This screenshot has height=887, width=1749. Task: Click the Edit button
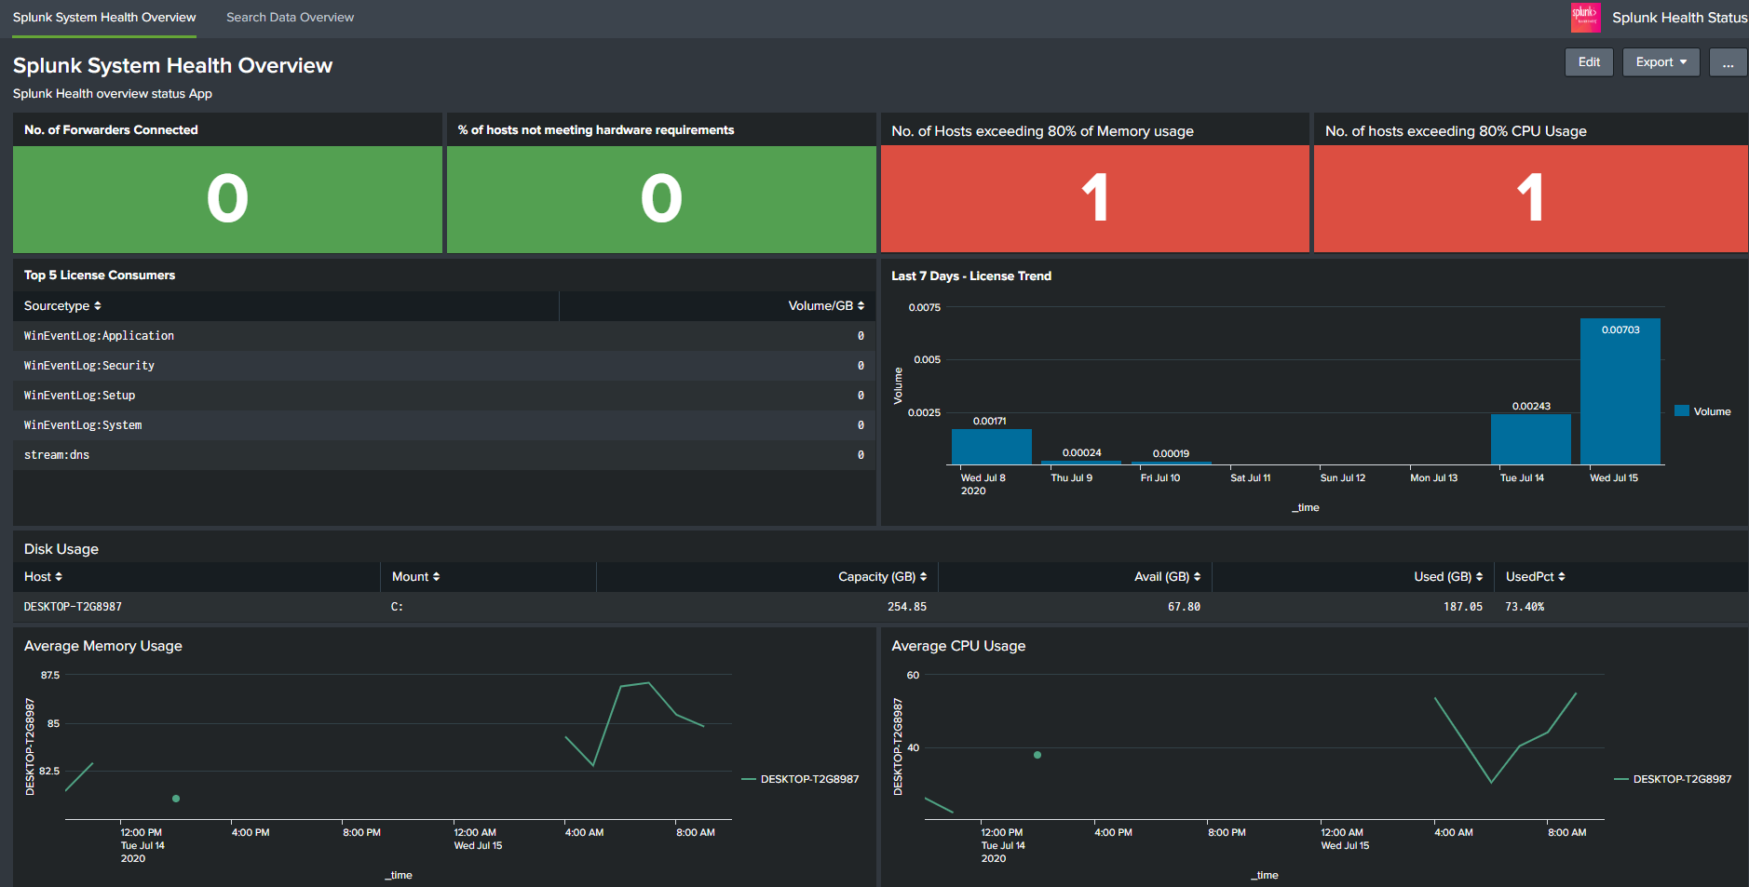coord(1589,62)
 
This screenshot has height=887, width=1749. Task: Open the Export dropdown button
coord(1661,62)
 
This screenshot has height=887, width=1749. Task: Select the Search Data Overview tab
coord(290,18)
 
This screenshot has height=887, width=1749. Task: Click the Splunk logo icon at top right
coord(1585,17)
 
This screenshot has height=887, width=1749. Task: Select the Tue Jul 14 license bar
coord(1530,439)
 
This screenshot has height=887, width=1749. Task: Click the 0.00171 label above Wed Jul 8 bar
coord(989,421)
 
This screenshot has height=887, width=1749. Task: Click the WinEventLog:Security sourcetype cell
coord(89,366)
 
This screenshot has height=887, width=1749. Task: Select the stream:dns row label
coord(57,455)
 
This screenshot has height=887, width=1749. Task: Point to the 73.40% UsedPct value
coord(1525,607)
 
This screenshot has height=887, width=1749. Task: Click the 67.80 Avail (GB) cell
coord(1184,607)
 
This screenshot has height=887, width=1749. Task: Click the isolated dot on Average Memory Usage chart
coord(176,799)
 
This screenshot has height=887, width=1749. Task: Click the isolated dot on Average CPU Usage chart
coord(1037,755)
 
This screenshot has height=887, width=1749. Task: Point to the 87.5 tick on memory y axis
coord(50,675)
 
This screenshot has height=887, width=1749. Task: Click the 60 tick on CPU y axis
coord(913,675)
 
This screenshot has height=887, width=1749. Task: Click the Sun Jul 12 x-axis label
coord(1342,477)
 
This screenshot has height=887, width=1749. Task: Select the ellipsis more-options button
coord(1728,62)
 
